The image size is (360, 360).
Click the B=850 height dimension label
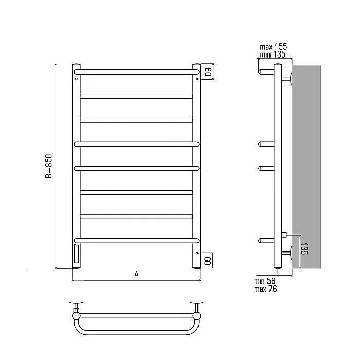pos(48,166)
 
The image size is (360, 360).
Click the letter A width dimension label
pos(136,274)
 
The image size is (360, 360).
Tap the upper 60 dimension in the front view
pos(208,72)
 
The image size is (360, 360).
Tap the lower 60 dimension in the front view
pos(208,261)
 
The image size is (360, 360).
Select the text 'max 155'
pos(273,47)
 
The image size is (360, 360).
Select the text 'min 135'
pos(273,55)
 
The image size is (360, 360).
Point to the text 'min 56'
pos(264,281)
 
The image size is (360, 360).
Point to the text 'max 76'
pos(265,289)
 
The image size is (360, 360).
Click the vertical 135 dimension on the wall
pos(304,248)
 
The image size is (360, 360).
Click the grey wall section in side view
pos(307,167)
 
